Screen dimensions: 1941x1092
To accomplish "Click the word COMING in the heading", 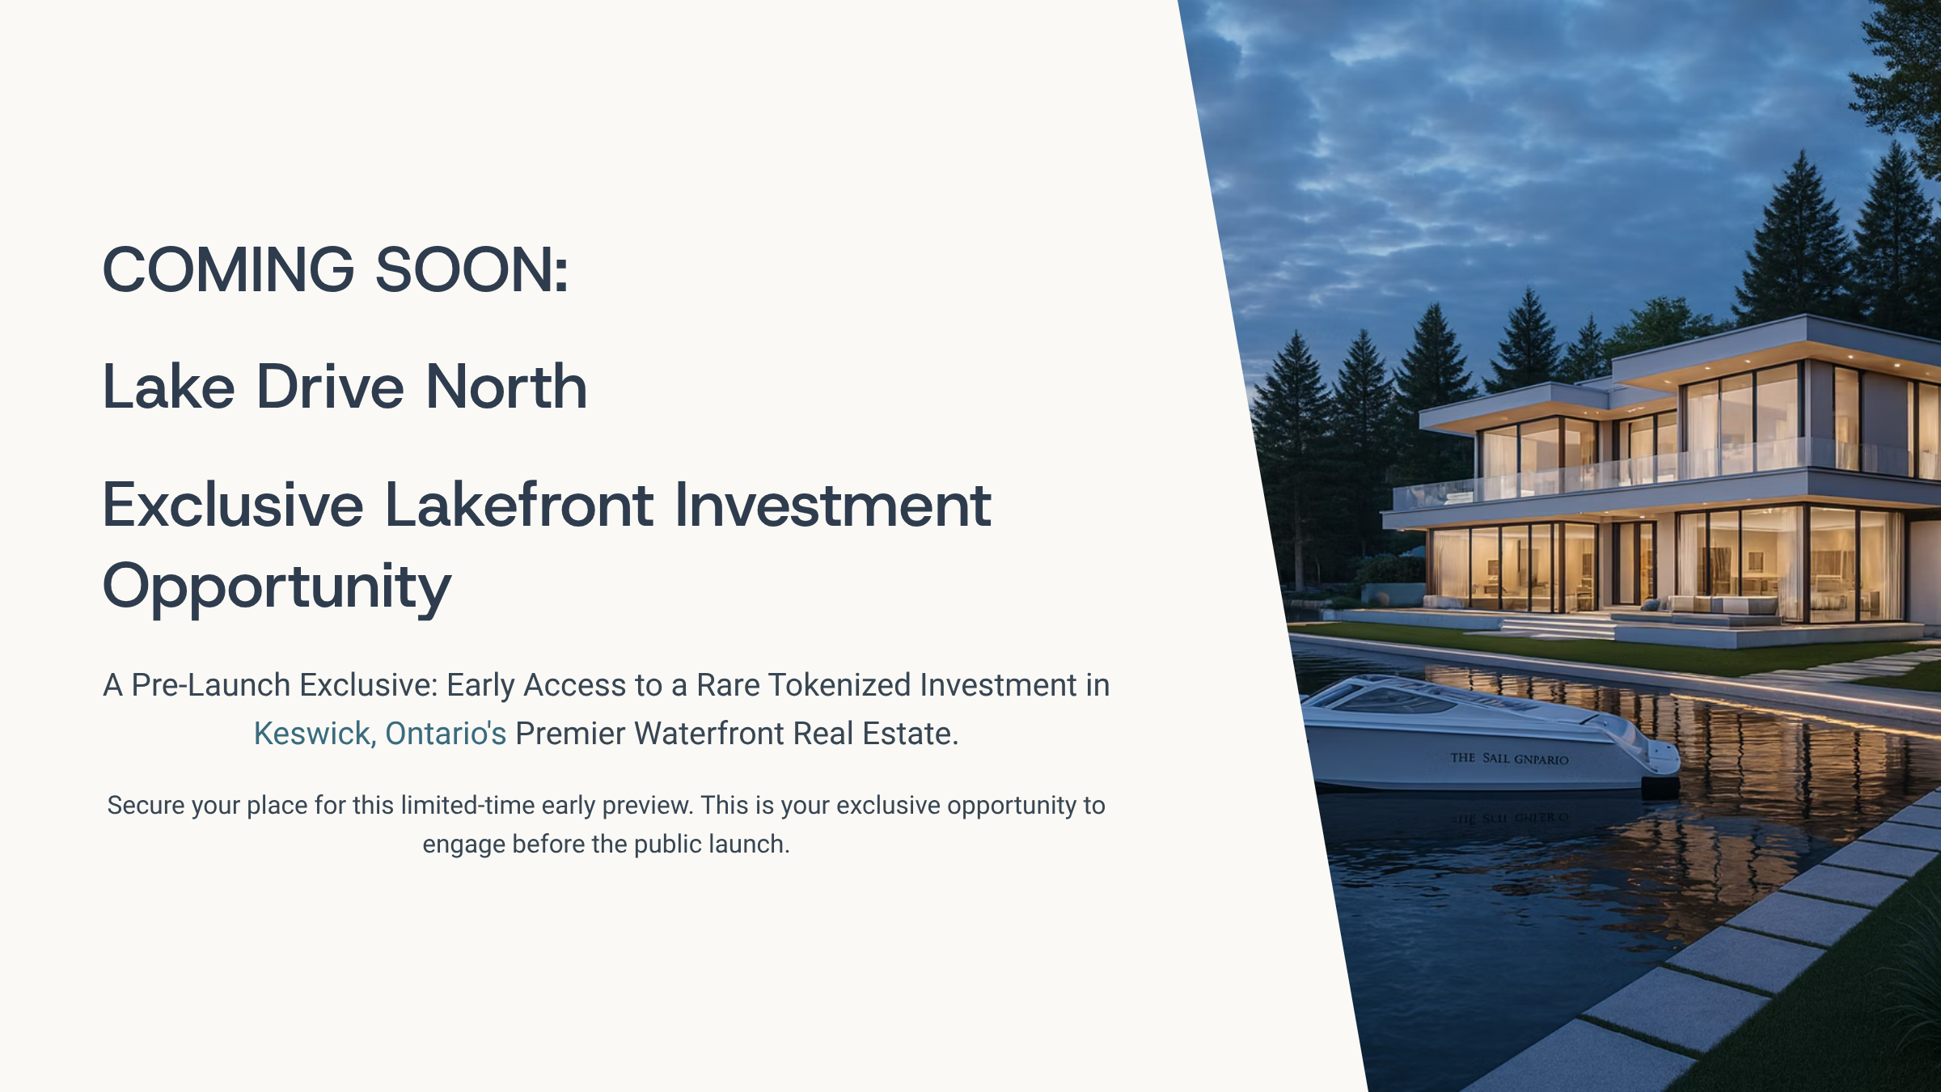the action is point(229,269).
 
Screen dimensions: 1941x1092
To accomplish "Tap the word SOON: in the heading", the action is point(472,269).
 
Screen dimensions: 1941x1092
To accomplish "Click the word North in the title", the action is point(506,387).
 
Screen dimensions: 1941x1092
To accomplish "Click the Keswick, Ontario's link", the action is point(380,734).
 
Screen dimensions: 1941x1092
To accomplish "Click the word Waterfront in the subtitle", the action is point(709,734).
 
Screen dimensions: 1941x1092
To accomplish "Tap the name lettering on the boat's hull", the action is point(1509,758).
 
